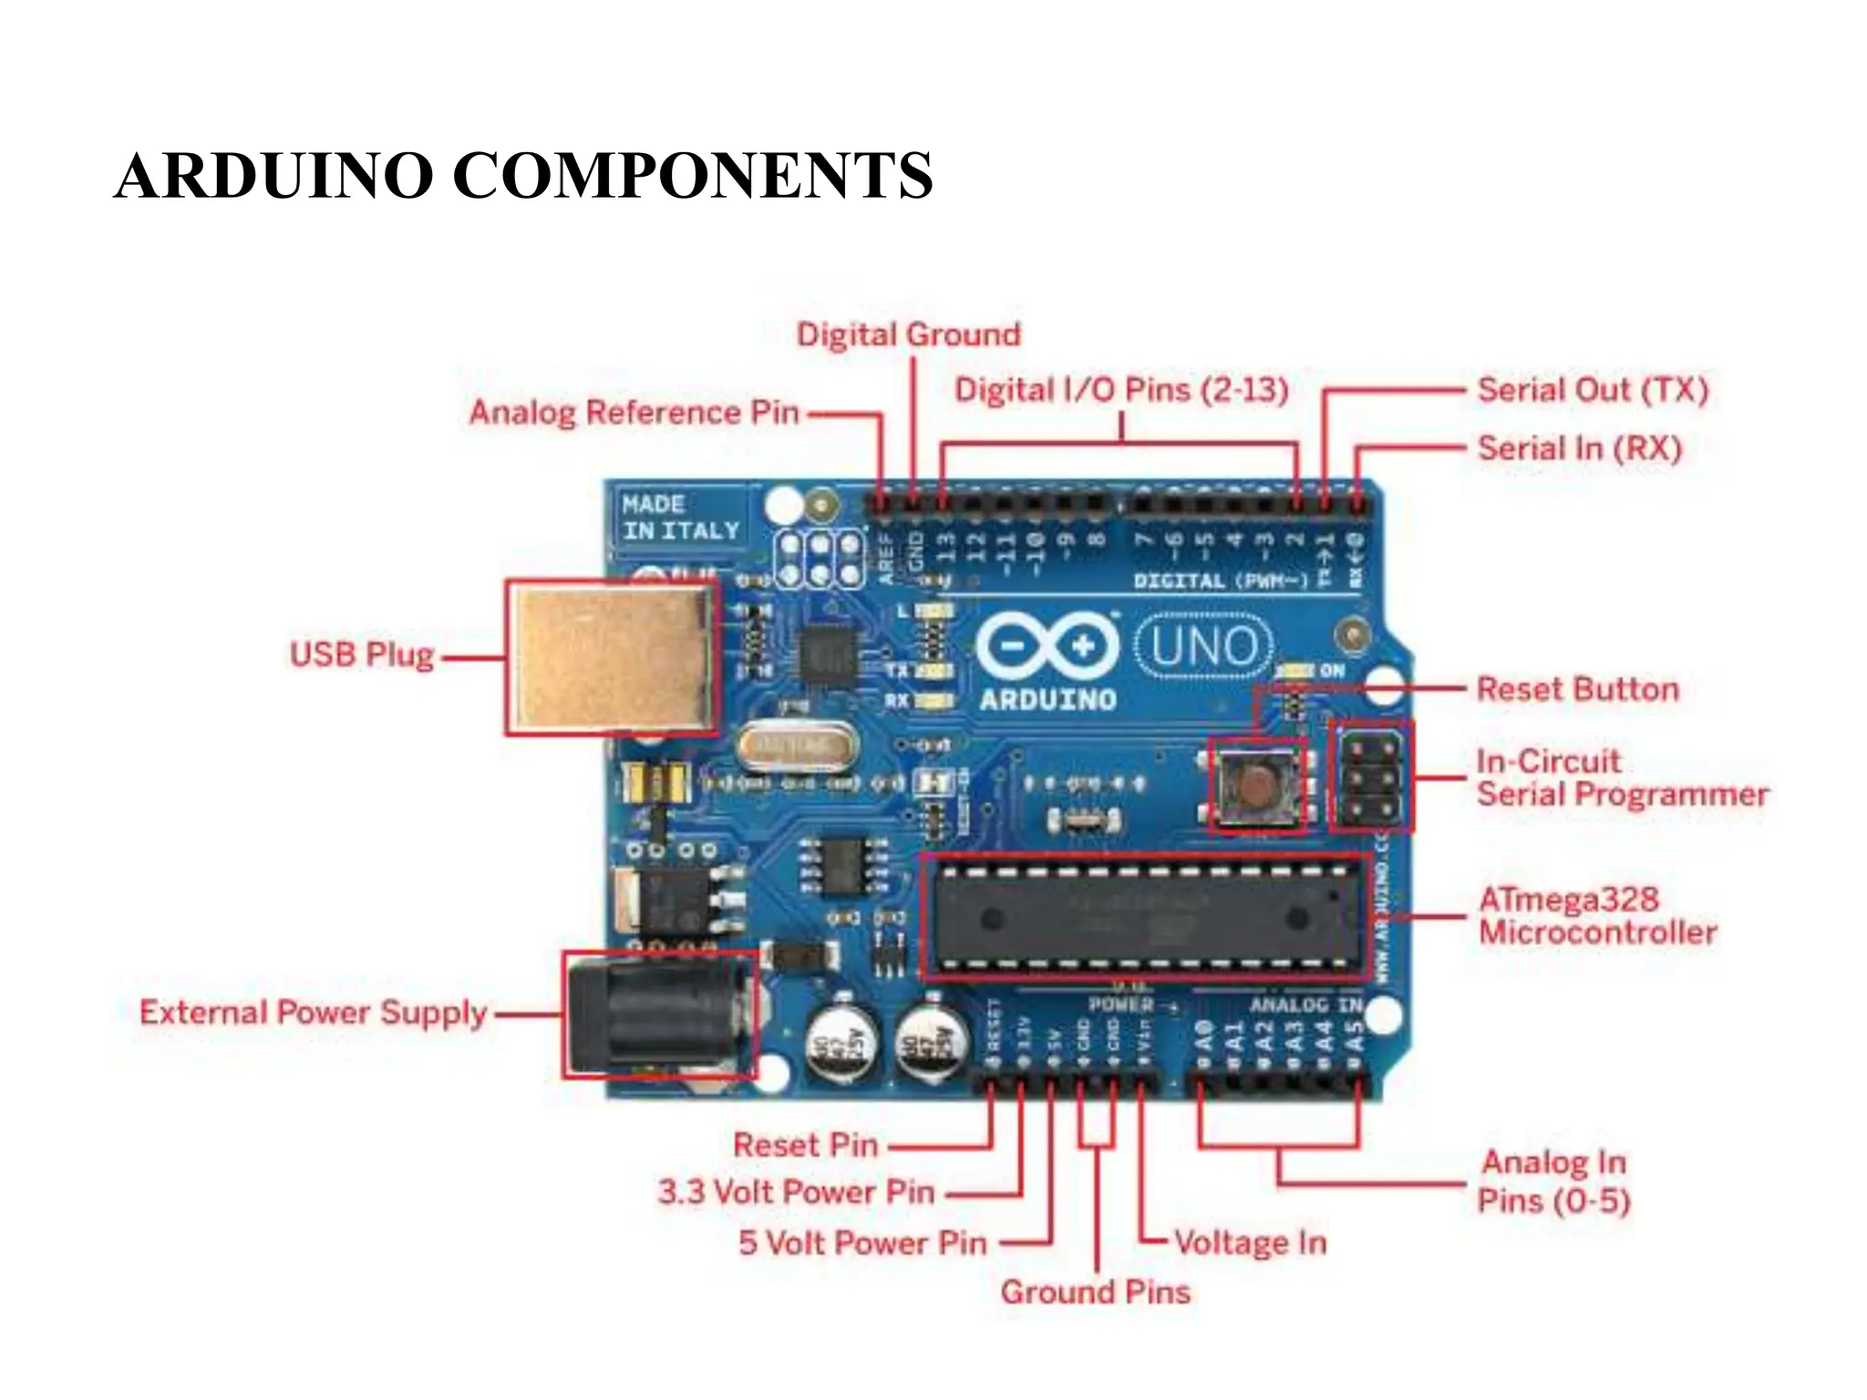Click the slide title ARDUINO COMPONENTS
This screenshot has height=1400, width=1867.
pyautogui.click(x=523, y=175)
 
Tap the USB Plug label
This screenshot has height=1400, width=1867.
pyautogui.click(x=361, y=654)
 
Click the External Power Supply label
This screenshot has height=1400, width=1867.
pyautogui.click(x=313, y=1013)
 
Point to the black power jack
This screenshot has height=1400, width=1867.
pyautogui.click(x=658, y=1014)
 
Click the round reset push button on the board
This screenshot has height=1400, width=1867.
pyautogui.click(x=1256, y=785)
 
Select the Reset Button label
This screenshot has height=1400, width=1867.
pyautogui.click(x=1577, y=689)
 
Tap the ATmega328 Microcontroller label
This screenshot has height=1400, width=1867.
pyautogui.click(x=1597, y=915)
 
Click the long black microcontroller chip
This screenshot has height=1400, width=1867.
pyautogui.click(x=1145, y=917)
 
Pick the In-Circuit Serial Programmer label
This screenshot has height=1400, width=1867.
pyautogui.click(x=1621, y=777)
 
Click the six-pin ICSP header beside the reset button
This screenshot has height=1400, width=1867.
pyautogui.click(x=1371, y=777)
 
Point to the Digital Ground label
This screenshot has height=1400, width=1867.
pyautogui.click(x=908, y=335)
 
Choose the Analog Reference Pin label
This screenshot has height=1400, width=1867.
pyautogui.click(x=634, y=412)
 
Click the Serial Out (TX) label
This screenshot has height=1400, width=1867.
pyautogui.click(x=1592, y=390)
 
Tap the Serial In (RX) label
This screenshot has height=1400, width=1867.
pyautogui.click(x=1579, y=448)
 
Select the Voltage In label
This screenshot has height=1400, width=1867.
pyautogui.click(x=1249, y=1242)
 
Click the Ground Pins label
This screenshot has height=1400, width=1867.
pyautogui.click(x=1095, y=1292)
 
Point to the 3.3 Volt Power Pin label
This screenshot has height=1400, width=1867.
pyautogui.click(x=796, y=1191)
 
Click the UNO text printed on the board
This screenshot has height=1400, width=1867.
pyautogui.click(x=1205, y=647)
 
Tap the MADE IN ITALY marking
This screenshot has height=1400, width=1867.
pyautogui.click(x=679, y=517)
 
